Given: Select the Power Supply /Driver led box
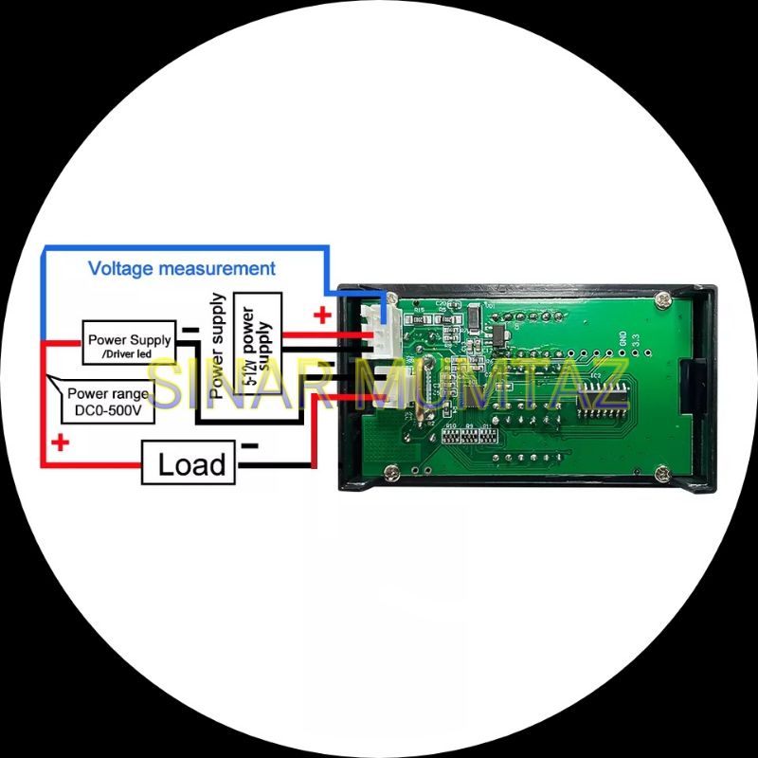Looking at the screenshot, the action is (129, 344).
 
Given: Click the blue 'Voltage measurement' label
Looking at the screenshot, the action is (182, 268).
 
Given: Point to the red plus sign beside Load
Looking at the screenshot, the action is (61, 442).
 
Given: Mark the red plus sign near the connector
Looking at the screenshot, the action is (323, 316).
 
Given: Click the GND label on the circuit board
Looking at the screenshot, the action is (622, 337).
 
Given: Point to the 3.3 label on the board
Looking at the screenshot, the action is (637, 338).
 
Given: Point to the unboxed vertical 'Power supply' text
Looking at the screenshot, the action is (218, 345).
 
